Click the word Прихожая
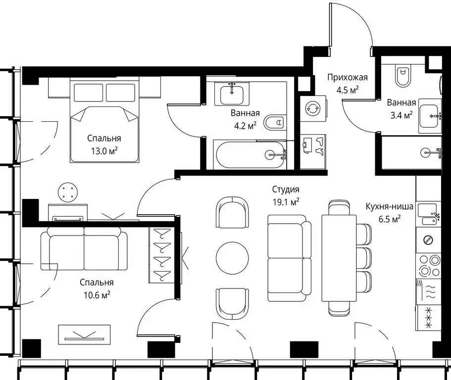[x=348, y=78]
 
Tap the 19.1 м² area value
[x=286, y=202]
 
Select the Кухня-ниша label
[x=390, y=206]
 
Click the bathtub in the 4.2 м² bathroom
[x=250, y=155]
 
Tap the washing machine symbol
[x=313, y=108]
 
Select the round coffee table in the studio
[x=232, y=258]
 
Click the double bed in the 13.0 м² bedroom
[x=104, y=121]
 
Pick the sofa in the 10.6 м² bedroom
[x=84, y=248]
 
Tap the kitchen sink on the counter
[x=429, y=214]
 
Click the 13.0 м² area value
[x=104, y=151]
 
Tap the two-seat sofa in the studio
[x=289, y=258]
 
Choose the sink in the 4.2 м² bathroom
[x=232, y=94]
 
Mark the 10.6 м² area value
[x=97, y=295]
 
